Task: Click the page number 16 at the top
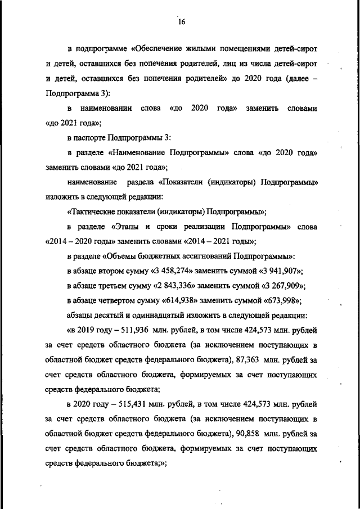click(181, 22)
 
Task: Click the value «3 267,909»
click(277, 285)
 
